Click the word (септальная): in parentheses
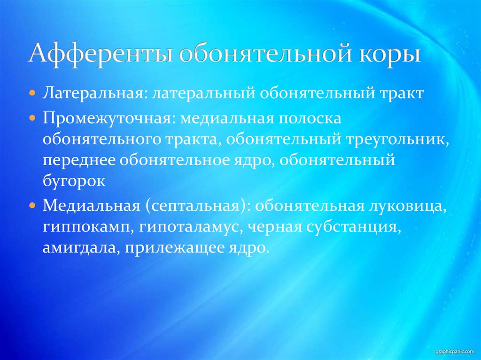pyautogui.click(x=195, y=206)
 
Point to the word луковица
pyautogui.click(x=404, y=206)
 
